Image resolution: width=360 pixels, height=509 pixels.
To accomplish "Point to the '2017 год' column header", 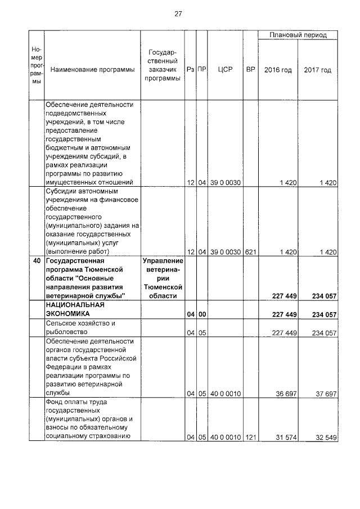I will pyautogui.click(x=317, y=70).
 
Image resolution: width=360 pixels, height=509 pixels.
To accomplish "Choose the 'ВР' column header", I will pyautogui.click(x=250, y=70).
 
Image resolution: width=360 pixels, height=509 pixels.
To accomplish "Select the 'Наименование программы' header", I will pyautogui.click(x=92, y=70).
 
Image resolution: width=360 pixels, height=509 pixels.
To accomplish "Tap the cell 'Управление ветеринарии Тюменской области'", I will pyautogui.click(x=163, y=278).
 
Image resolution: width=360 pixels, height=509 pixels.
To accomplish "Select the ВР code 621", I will pyautogui.click(x=250, y=252).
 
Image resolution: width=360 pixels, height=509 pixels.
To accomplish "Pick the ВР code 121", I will pyautogui.click(x=250, y=436).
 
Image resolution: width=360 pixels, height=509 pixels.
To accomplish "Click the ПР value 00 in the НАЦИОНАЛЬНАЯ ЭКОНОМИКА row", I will pyautogui.click(x=202, y=314).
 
